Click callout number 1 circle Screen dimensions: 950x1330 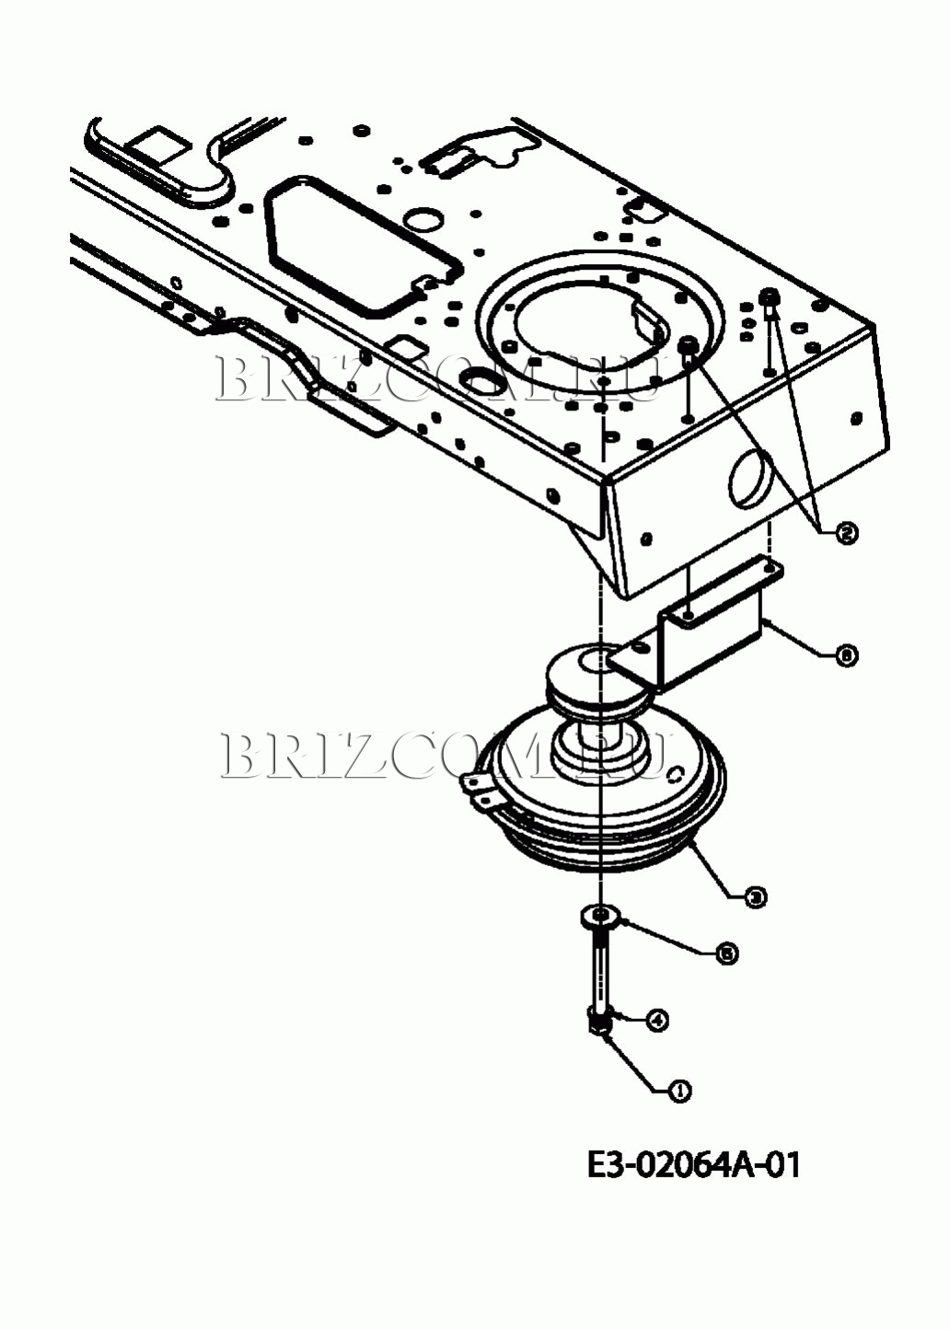click(680, 1091)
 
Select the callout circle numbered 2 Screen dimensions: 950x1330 click(846, 532)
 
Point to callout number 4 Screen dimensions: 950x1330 click(656, 1020)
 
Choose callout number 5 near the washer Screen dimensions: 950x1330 click(727, 954)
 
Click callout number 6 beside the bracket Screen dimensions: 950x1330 click(846, 655)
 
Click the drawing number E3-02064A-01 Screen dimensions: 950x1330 click(694, 1165)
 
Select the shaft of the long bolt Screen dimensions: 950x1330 click(600, 966)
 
